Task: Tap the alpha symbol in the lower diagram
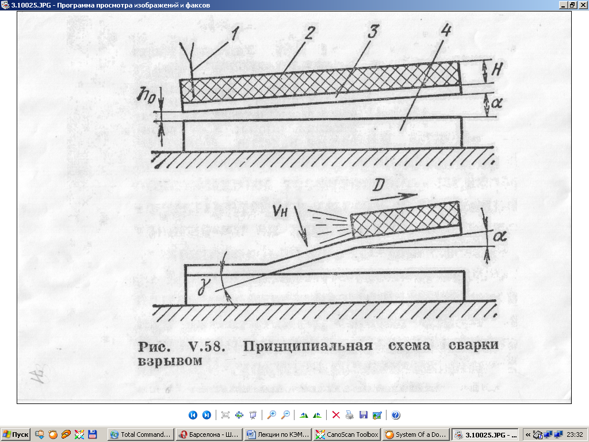(498, 237)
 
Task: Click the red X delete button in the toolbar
(336, 415)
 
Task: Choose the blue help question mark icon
(396, 415)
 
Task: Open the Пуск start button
(16, 435)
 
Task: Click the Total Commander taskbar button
(140, 435)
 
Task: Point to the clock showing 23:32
(575, 435)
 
